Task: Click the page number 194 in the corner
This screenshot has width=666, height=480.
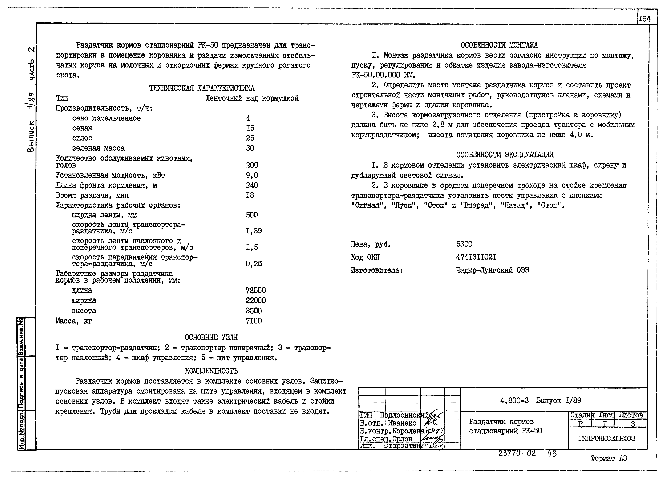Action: pos(644,19)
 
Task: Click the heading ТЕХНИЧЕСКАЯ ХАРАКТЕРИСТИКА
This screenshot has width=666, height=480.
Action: pos(202,88)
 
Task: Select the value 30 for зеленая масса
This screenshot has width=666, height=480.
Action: pos(250,148)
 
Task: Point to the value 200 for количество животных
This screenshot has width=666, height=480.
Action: pos(252,165)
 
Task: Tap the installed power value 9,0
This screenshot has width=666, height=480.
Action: pos(252,175)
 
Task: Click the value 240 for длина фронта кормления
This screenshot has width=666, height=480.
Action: pos(252,185)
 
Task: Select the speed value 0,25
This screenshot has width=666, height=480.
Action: pos(254,264)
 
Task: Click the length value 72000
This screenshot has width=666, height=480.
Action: pos(255,290)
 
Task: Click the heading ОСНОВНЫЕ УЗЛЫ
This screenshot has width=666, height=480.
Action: pos(211,337)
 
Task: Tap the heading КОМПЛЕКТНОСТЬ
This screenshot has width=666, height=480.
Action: pos(211,371)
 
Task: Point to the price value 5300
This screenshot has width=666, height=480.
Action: pos(464,244)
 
